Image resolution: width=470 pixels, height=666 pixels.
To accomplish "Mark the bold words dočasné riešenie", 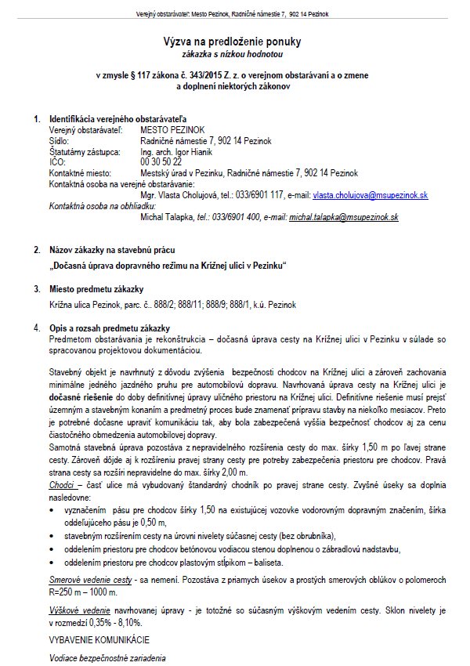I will pos(81,398).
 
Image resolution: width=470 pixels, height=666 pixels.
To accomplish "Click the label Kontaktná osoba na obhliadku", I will pos(103,205).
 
